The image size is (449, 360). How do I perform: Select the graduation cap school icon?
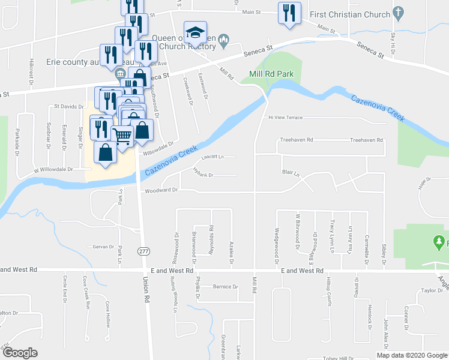pyautogui.click(x=195, y=32)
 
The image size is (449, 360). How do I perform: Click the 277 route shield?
pyautogui.click(x=143, y=250)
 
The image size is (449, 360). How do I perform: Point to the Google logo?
pyautogui.click(x=20, y=353)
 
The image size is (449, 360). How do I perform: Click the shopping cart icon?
pyautogui.click(x=122, y=136)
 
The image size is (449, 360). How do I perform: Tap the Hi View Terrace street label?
pyautogui.click(x=286, y=118)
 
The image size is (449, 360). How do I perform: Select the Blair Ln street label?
pyautogui.click(x=291, y=172)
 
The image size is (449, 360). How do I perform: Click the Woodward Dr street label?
pyautogui.click(x=161, y=190)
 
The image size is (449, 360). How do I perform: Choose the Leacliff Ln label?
pyautogui.click(x=212, y=157)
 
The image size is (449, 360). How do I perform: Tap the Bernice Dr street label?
pyautogui.click(x=226, y=287)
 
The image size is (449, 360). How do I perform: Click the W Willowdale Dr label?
pyautogui.click(x=53, y=169)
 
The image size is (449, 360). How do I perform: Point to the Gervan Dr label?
pyautogui.click(x=103, y=247)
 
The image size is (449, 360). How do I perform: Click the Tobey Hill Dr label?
pyautogui.click(x=322, y=358)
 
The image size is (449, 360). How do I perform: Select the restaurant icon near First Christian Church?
pyautogui.click(x=289, y=13)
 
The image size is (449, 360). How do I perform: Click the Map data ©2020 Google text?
pyautogui.click(x=412, y=355)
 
